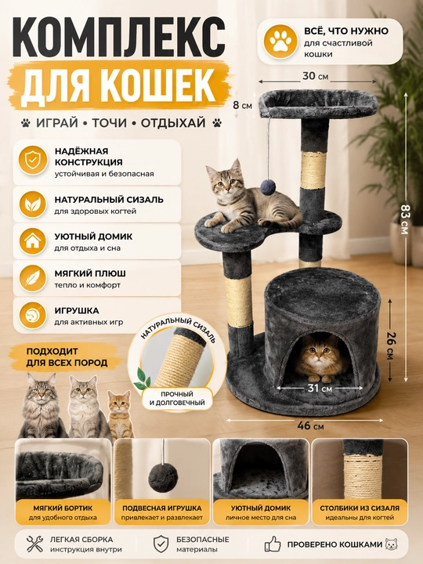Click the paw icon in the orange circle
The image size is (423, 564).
click(x=280, y=42)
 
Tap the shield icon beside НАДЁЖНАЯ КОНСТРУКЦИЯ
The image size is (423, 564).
click(x=33, y=160)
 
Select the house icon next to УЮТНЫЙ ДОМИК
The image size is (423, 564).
click(x=33, y=241)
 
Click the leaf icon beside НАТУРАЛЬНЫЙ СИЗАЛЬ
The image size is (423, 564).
click(x=33, y=204)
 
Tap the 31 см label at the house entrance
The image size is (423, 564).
click(x=320, y=388)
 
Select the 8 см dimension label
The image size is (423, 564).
click(x=242, y=106)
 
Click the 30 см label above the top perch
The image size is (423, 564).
click(x=315, y=76)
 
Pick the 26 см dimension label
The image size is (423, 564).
click(x=390, y=344)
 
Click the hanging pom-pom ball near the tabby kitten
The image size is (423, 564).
click(x=268, y=187)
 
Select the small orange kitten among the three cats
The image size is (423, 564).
click(x=121, y=414)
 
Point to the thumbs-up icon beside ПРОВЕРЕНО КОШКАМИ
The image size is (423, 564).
click(x=273, y=544)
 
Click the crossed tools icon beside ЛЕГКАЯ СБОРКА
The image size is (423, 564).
click(x=35, y=544)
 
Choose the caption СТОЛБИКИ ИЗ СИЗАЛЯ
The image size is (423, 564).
click(x=360, y=508)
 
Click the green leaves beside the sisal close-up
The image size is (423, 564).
click(x=142, y=379)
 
